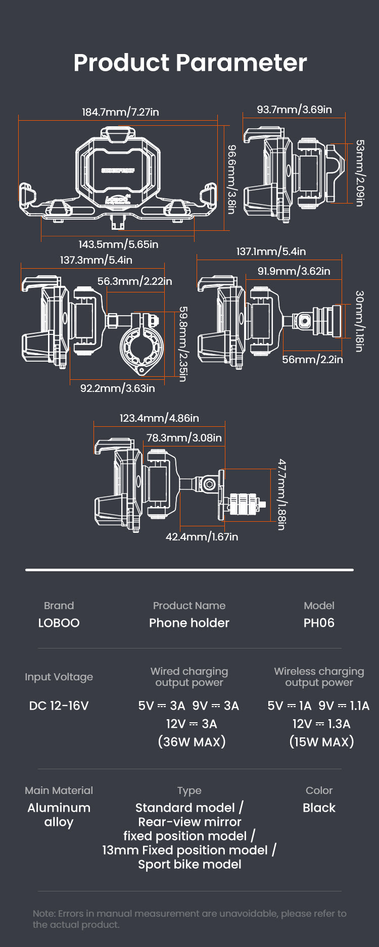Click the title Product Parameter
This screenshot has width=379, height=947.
190,63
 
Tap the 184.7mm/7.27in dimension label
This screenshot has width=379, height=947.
120,112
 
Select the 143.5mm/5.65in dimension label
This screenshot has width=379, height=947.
118,244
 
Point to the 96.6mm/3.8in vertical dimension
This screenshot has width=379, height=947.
231,179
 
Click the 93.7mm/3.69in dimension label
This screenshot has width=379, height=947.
294,110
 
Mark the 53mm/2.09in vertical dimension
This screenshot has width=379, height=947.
359,173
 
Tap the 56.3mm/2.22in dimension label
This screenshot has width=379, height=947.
134,281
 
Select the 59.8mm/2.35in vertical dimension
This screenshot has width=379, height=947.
183,343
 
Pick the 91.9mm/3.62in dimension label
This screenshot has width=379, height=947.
294,271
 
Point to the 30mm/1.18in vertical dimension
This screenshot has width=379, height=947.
359,321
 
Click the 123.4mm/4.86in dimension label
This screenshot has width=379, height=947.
159,418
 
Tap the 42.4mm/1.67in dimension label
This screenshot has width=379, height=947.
202,537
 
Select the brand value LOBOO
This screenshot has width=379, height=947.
59,623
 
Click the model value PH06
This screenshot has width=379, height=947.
319,623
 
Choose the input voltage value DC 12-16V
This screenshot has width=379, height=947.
59,706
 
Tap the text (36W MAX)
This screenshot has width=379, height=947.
192,742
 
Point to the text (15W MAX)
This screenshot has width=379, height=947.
321,742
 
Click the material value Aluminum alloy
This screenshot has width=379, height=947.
59,815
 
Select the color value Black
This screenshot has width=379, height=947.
319,808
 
